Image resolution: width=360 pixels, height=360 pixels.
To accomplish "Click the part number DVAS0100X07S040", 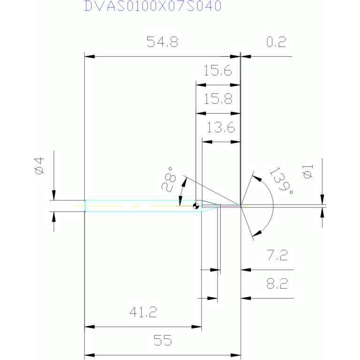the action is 153,6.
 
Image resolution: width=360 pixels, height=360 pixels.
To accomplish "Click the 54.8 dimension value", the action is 162,42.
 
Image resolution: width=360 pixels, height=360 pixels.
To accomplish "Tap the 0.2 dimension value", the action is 276,42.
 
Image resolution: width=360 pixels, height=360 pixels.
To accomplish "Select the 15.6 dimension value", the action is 218,70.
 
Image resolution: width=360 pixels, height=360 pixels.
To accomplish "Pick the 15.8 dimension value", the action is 218,99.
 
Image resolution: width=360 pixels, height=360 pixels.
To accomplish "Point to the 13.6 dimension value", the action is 221,127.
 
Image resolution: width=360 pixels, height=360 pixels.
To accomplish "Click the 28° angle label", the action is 169,179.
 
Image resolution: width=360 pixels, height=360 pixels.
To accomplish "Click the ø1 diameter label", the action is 308,171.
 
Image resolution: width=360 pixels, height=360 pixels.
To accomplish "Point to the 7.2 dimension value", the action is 277,255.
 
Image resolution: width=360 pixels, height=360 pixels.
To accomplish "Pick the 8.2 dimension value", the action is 277,283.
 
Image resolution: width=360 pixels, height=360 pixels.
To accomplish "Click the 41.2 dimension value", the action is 143,312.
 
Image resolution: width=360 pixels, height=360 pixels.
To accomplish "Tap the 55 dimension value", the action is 163,340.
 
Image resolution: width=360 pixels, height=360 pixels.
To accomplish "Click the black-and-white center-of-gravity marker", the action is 196,206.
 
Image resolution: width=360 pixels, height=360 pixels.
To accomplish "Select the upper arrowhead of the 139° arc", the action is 257,178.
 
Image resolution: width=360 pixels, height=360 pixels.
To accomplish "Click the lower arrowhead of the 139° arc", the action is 257,233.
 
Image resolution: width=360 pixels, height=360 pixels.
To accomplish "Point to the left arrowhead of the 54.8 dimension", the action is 90,56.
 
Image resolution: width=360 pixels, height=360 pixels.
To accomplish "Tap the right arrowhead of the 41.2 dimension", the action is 197,327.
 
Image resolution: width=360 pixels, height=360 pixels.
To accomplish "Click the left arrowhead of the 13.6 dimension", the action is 207,142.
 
